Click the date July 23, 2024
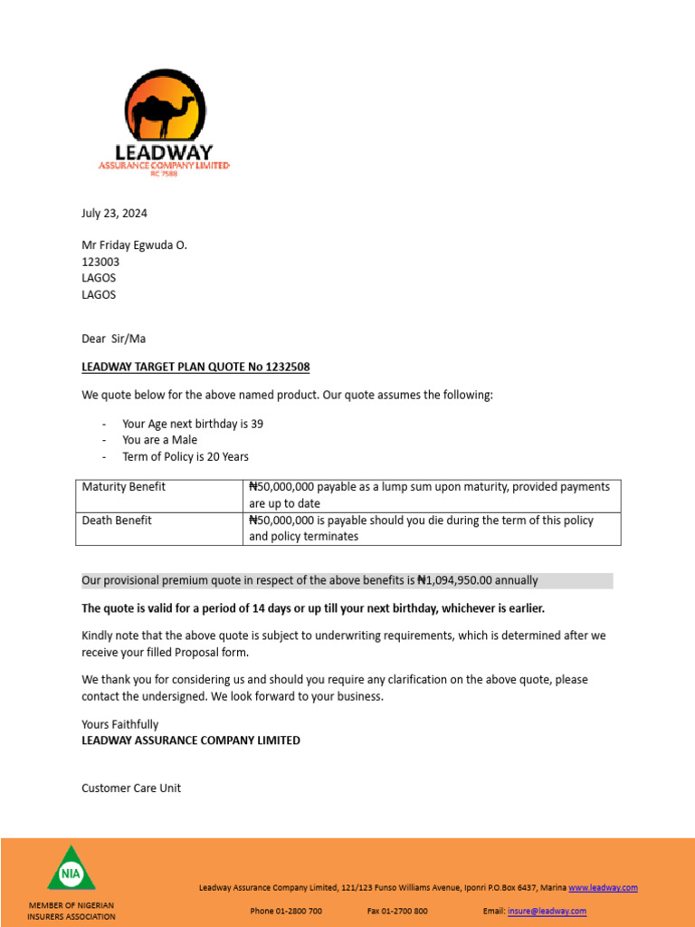coord(114,214)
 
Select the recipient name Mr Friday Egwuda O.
coord(135,245)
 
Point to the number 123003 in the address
coord(100,262)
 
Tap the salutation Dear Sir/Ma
coord(113,339)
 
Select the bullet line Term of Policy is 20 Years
coord(186,456)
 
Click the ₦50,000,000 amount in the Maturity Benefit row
coord(285,487)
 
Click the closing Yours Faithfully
coord(119,724)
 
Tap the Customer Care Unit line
coord(131,788)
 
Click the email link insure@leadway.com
coord(547,911)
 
